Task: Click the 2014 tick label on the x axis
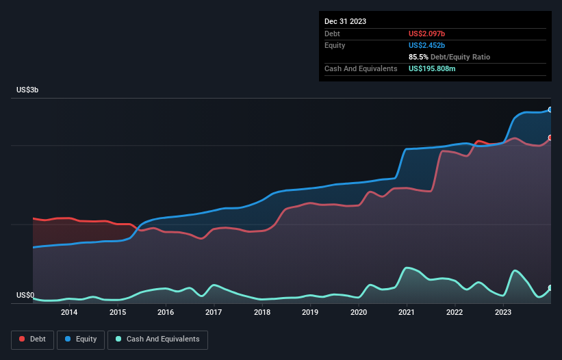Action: click(x=68, y=313)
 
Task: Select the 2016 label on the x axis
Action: click(x=165, y=313)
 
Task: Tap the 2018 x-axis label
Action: click(x=261, y=313)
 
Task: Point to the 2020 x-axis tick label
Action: click(x=358, y=313)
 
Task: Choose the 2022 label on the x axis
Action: click(x=455, y=313)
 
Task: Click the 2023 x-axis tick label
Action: click(x=503, y=313)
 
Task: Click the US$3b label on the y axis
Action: click(x=28, y=90)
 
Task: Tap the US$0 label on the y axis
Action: click(x=25, y=296)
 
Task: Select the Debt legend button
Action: click(x=32, y=339)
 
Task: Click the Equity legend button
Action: click(x=80, y=339)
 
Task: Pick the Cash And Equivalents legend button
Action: click(x=157, y=339)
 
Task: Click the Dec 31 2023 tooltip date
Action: click(x=346, y=21)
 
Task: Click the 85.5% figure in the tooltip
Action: click(x=420, y=57)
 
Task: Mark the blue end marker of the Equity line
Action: click(x=550, y=110)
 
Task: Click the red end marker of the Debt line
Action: click(x=550, y=138)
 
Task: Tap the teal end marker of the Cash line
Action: click(x=550, y=288)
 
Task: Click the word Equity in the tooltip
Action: click(x=335, y=45)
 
